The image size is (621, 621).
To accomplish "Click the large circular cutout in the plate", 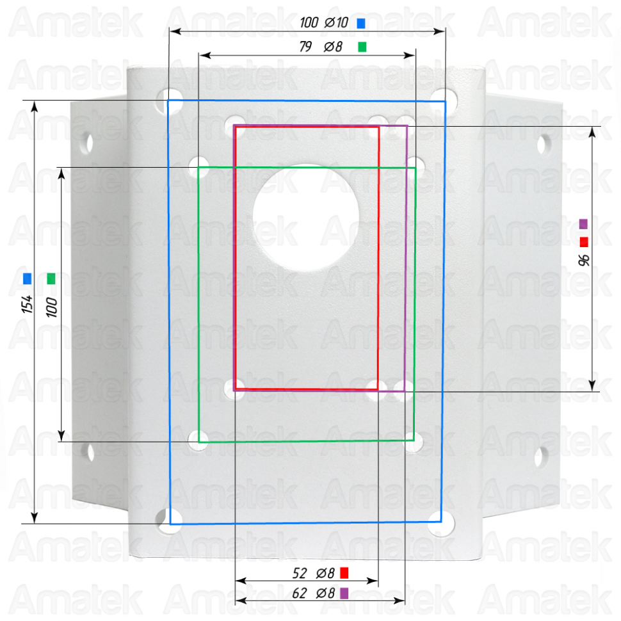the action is (306, 218).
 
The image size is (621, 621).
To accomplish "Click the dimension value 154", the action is (28, 304).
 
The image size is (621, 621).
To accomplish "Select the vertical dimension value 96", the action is (584, 260).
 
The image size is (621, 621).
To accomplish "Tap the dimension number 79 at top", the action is (305, 47).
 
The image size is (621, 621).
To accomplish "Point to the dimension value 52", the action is (300, 573).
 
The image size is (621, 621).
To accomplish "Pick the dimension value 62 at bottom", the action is (300, 593).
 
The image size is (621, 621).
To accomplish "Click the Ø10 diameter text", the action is (336, 22).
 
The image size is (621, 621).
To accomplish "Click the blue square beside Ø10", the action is (361, 23).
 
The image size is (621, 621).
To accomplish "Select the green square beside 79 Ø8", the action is (362, 47).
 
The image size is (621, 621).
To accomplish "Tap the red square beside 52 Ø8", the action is (344, 573).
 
